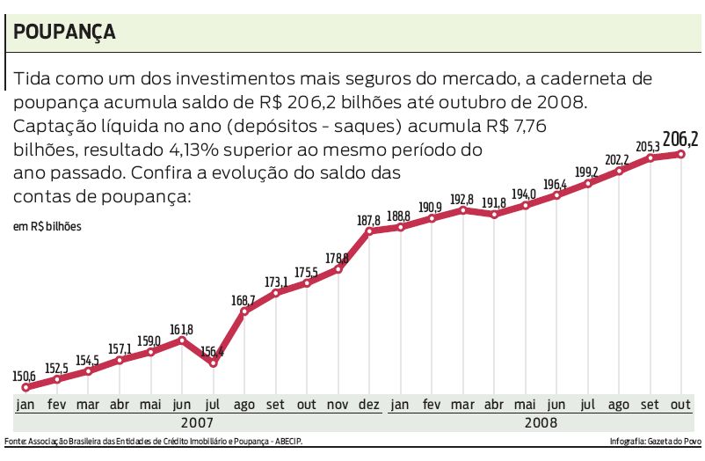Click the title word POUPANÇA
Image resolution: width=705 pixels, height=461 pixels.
(65, 32)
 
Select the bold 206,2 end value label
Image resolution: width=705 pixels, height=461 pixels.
(680, 139)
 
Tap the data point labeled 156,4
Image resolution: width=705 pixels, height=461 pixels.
(213, 362)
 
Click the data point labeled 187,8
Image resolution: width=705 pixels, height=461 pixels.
(369, 231)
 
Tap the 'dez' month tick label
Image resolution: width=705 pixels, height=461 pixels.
(369, 405)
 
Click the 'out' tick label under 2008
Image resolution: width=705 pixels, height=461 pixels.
(680, 405)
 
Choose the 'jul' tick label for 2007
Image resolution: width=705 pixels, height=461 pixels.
(214, 405)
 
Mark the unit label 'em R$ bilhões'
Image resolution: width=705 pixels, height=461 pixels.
(47, 227)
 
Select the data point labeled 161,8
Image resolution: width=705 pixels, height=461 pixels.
(182, 340)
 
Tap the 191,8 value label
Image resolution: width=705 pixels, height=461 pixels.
(495, 202)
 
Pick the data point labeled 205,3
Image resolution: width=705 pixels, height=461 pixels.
(650, 157)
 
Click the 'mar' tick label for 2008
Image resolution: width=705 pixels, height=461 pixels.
(462, 405)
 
